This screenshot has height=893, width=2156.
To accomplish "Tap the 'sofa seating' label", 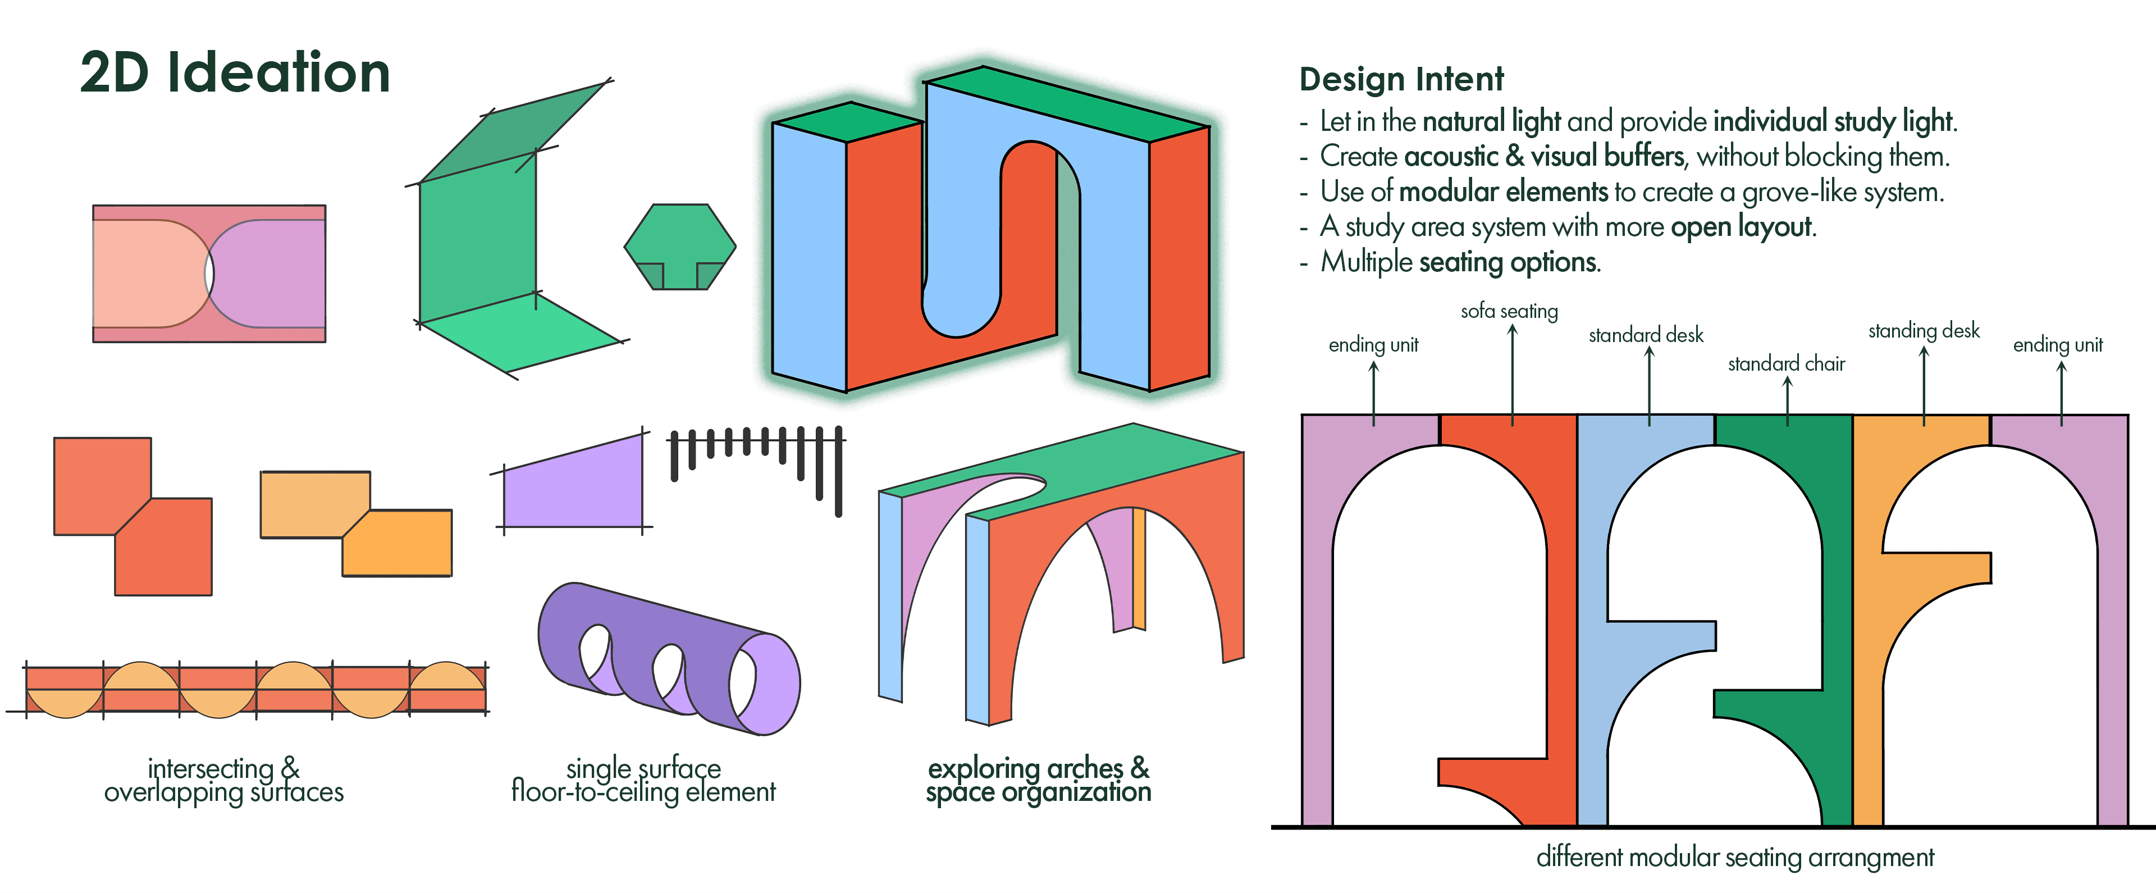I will (x=1509, y=311).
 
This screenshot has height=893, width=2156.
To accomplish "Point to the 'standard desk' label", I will (x=1646, y=335).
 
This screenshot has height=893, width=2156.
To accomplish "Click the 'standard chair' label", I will (x=1786, y=363).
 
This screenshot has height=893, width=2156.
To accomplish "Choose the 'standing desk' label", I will (x=1924, y=331).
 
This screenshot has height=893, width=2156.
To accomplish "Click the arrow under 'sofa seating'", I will (x=1513, y=372).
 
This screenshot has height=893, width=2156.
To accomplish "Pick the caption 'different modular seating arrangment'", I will (x=1734, y=857).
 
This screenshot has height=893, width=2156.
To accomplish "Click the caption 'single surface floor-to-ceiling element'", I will (x=643, y=780).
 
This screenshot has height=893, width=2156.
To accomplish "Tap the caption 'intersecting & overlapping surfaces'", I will (x=223, y=780).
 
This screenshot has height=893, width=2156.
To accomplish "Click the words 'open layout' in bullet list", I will (x=1742, y=227).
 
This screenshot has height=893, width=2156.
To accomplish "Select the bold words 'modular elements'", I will (x=1503, y=192).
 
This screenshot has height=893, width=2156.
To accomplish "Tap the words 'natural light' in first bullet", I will (x=1491, y=121).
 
